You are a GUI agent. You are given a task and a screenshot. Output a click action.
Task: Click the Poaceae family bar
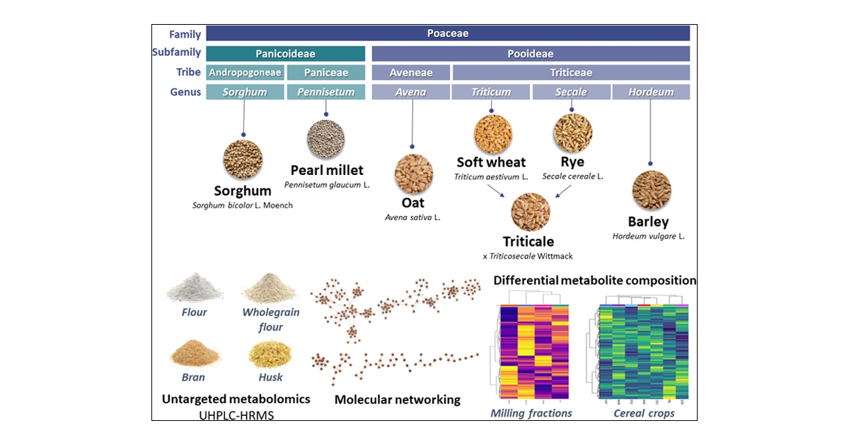click(x=447, y=33)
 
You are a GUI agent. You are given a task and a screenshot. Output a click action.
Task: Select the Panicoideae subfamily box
click(x=285, y=53)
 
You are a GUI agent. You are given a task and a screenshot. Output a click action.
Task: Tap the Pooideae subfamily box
click(x=530, y=53)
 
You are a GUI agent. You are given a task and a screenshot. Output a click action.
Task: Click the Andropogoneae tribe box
click(x=245, y=72)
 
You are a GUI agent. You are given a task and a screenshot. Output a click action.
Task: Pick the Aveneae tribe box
click(x=410, y=72)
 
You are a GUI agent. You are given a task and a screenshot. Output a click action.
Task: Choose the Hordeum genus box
click(x=650, y=91)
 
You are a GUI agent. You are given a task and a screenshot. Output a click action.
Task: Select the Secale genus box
click(x=570, y=91)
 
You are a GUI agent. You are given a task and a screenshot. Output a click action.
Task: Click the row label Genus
click(x=185, y=92)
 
